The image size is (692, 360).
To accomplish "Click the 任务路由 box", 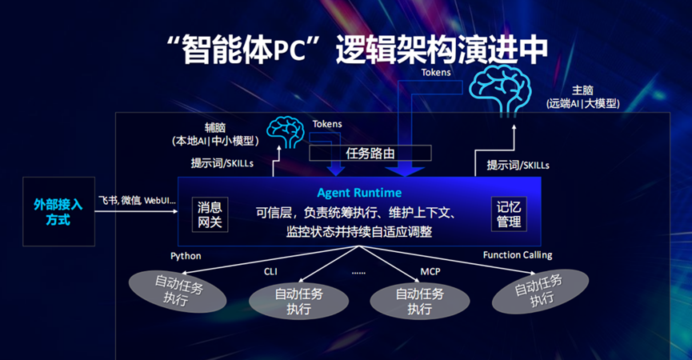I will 370,154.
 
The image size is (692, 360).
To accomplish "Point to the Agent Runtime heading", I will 359,193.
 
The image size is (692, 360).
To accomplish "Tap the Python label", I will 186,256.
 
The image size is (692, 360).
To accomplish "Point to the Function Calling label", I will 517,255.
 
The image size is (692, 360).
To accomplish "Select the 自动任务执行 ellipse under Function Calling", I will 541,291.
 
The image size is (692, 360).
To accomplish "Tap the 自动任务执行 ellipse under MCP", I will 419,301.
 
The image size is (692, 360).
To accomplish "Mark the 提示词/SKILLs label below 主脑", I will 518,166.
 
